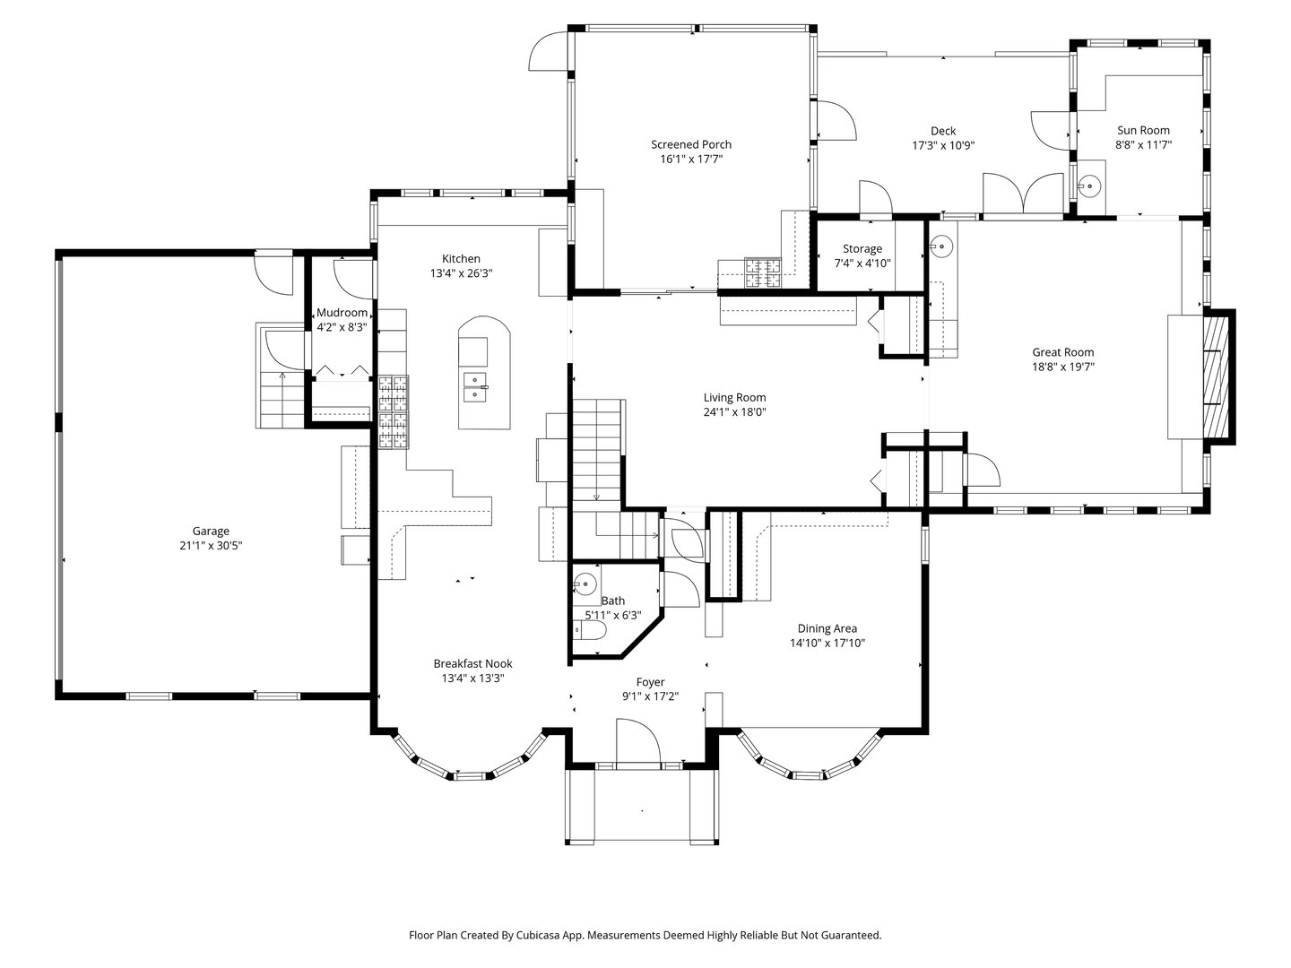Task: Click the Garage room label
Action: pyautogui.click(x=211, y=531)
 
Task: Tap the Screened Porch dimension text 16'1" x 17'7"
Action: pyautogui.click(x=691, y=159)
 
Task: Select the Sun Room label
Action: pyautogui.click(x=1143, y=130)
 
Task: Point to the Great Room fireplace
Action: pyautogui.click(x=1217, y=376)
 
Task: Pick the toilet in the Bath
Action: pyautogui.click(x=590, y=631)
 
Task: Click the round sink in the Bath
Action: pyautogui.click(x=585, y=583)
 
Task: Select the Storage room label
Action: pyautogui.click(x=862, y=248)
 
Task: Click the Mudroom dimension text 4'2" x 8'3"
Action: pyautogui.click(x=342, y=327)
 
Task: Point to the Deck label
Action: pyautogui.click(x=943, y=131)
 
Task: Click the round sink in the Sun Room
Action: pyautogui.click(x=1089, y=187)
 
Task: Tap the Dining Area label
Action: pyautogui.click(x=827, y=628)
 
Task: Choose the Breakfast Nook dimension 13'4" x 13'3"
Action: pyautogui.click(x=472, y=678)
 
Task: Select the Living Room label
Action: pyautogui.click(x=734, y=397)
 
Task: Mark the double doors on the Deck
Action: pyautogui.click(x=1024, y=193)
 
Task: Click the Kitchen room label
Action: pyautogui.click(x=461, y=258)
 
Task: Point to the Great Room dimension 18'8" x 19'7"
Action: pyautogui.click(x=1062, y=367)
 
